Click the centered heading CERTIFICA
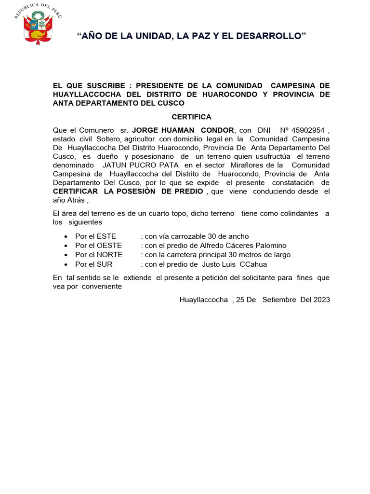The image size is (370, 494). pyautogui.click(x=191, y=117)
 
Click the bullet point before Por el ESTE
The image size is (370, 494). pyautogui.click(x=66, y=237)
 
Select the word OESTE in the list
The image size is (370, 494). pyautogui.click(x=109, y=246)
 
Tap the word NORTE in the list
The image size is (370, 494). pyautogui.click(x=110, y=255)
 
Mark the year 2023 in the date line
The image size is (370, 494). pyautogui.click(x=321, y=300)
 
